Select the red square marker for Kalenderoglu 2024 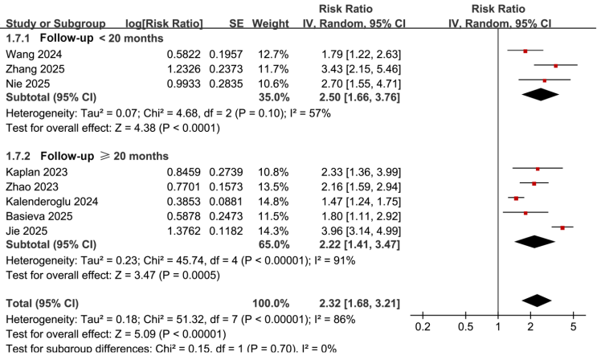pyautogui.click(x=516, y=198)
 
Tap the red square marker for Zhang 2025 pyautogui.click(x=556, y=67)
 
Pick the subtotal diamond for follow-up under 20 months pyautogui.click(x=541, y=94)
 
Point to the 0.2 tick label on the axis pyautogui.click(x=423, y=328)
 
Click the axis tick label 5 pyautogui.click(x=573, y=328)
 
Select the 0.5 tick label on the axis pyautogui.click(x=465, y=328)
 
